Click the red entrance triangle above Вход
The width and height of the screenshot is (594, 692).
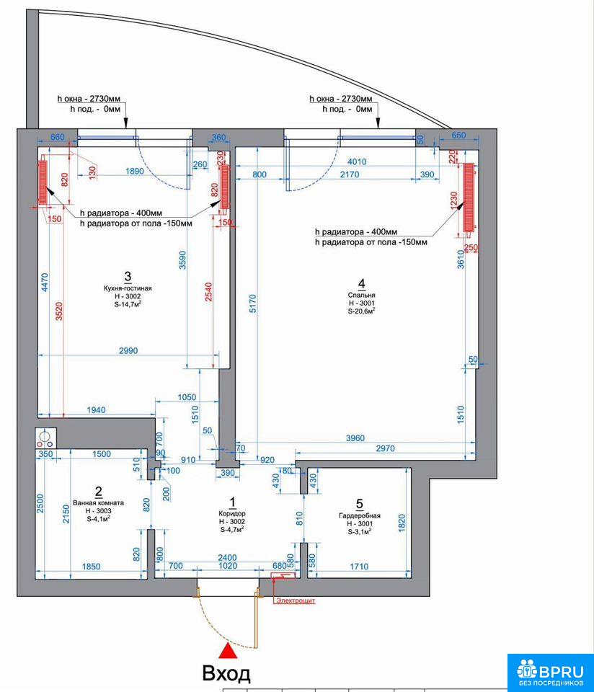(x=228, y=651)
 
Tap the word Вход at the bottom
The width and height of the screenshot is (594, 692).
(x=226, y=674)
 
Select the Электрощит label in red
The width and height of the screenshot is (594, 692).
(x=296, y=600)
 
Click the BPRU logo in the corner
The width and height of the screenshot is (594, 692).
(x=550, y=672)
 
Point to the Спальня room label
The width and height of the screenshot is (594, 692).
(x=361, y=295)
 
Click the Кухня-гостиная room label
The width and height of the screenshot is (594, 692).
(x=128, y=288)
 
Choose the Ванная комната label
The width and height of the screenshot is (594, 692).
(x=99, y=502)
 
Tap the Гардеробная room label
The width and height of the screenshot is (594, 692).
(x=359, y=515)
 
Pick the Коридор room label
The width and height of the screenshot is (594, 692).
(x=232, y=514)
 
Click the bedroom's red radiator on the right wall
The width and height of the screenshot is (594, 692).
(x=469, y=198)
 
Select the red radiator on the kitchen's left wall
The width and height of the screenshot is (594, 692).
(x=43, y=182)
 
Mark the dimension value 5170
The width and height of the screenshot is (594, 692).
(x=252, y=303)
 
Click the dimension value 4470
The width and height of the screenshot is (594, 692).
(x=45, y=283)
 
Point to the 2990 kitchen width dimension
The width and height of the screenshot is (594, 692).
(x=128, y=350)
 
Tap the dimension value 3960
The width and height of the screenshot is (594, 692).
(x=355, y=438)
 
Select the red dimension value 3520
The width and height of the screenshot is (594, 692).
(x=59, y=311)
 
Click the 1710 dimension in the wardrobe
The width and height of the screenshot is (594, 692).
(x=359, y=567)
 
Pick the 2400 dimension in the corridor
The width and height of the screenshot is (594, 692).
(x=227, y=557)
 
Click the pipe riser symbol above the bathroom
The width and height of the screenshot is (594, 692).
(x=45, y=438)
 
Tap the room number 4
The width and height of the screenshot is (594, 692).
(x=361, y=283)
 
